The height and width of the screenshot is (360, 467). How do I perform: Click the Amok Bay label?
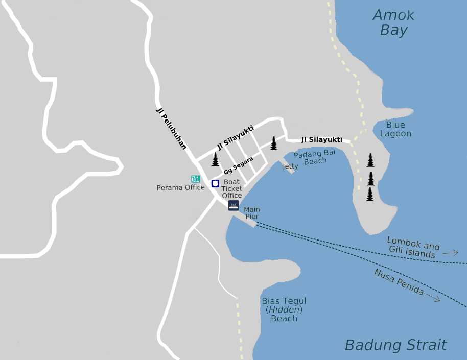393,22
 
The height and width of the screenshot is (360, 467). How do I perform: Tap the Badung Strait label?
396,345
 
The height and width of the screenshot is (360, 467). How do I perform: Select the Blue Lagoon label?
395,129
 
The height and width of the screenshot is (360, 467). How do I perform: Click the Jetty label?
290,166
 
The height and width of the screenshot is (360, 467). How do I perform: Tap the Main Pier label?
252,213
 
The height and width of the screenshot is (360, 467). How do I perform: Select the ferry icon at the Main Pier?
233,206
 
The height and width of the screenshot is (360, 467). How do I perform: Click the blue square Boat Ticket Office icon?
216,183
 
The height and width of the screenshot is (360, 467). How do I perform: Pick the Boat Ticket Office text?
231,188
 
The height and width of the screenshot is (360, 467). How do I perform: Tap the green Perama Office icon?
195,179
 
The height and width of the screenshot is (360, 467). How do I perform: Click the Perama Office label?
180,187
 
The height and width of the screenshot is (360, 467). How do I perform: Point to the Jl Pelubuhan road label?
171,128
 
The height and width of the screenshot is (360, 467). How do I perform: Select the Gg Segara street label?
239,166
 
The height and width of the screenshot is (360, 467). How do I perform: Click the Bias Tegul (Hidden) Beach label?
284,309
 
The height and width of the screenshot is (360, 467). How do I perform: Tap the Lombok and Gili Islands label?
413,247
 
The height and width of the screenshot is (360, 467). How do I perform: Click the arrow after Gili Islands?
451,253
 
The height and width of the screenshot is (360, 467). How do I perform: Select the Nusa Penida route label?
399,282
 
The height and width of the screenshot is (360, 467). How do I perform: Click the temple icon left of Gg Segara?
215,159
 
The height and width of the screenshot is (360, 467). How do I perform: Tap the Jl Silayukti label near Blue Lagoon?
322,139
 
